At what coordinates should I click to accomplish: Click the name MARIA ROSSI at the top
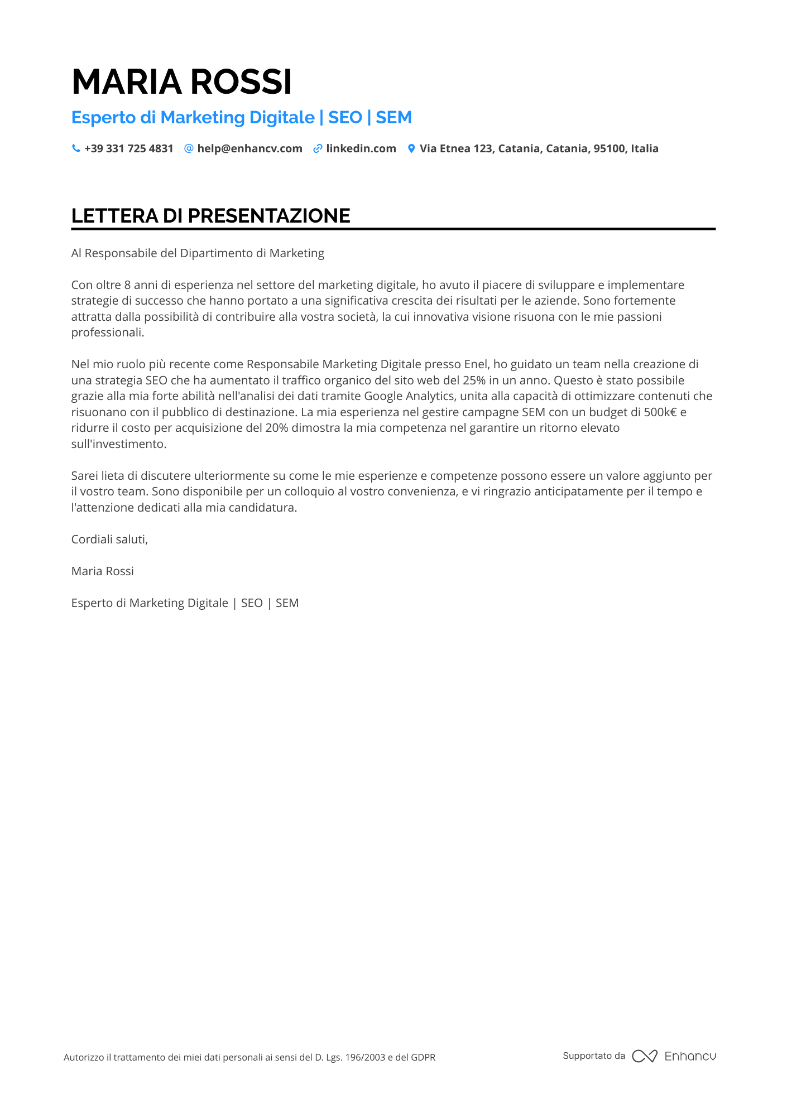point(181,82)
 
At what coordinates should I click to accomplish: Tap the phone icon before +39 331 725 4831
point(76,148)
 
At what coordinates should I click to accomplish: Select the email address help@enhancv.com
point(249,148)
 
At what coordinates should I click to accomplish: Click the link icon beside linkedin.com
point(318,148)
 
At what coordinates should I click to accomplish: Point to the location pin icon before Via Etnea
point(411,148)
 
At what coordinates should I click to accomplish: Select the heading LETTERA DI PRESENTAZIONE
point(210,216)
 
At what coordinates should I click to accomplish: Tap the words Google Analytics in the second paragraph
point(409,396)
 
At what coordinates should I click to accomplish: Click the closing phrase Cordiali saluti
point(109,539)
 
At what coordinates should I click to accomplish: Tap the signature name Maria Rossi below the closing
point(103,571)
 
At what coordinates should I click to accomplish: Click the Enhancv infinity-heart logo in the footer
point(645,1056)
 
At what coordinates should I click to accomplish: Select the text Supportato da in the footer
point(594,1056)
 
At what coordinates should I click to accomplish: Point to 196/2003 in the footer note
point(365,1057)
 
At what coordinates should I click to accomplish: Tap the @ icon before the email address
point(189,148)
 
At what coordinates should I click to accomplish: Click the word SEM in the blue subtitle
point(393,118)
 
